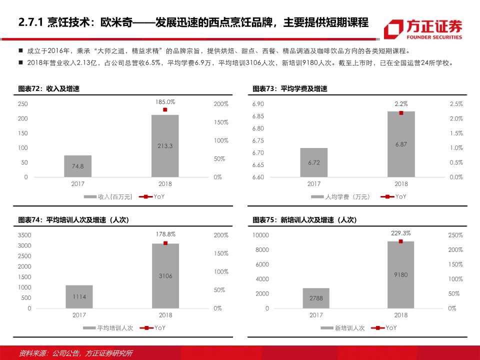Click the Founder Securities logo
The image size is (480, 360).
pyautogui.click(x=422, y=29)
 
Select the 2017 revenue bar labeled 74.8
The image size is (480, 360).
pyautogui.click(x=77, y=166)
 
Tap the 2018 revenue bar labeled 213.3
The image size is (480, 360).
pyautogui.click(x=165, y=145)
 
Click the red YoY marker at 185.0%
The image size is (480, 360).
pyautogui.click(x=165, y=109)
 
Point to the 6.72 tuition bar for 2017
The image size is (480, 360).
pyautogui.click(x=314, y=162)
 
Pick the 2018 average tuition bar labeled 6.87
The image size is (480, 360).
pyautogui.click(x=401, y=144)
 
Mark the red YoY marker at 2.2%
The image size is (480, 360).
pyautogui.click(x=401, y=113)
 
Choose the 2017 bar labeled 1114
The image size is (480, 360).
pyautogui.click(x=79, y=296)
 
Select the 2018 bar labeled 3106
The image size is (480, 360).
pyautogui.click(x=165, y=275)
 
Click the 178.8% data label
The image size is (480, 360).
pyautogui.click(x=165, y=234)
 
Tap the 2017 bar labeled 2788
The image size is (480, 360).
pyautogui.click(x=315, y=298)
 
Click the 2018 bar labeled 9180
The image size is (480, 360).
pyautogui.click(x=401, y=274)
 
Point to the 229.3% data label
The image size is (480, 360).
pyautogui.click(x=401, y=233)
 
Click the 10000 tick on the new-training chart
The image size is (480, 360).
pyautogui.click(x=260, y=235)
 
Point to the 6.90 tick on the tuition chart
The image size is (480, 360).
pyautogui.click(x=258, y=104)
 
